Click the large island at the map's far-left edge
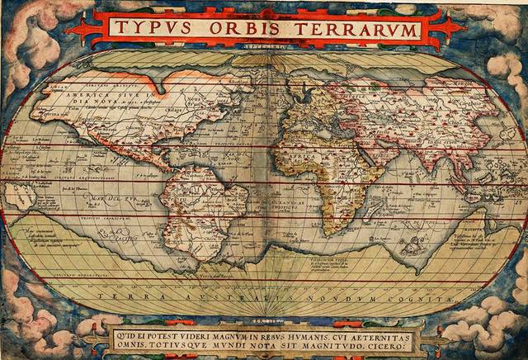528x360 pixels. pyautogui.click(x=18, y=197)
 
